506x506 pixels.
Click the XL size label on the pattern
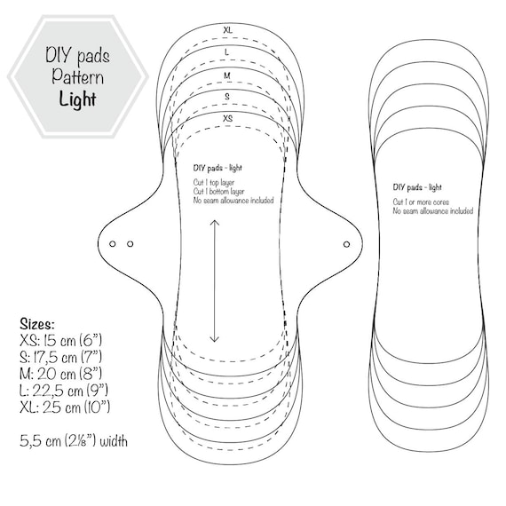[x=228, y=30]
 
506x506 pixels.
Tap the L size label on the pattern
[x=227, y=52]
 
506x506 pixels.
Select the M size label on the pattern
[x=227, y=75]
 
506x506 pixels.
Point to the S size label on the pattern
[x=227, y=97]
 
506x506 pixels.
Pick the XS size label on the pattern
[x=228, y=118]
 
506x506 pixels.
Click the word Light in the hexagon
[x=77, y=99]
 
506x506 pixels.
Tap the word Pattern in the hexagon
[x=78, y=76]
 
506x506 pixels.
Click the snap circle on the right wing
[x=346, y=244]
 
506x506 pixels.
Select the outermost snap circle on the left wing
[x=113, y=244]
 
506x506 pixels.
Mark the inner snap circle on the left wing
[x=130, y=244]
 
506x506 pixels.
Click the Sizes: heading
[x=37, y=324]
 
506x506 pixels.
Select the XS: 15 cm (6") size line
[x=60, y=341]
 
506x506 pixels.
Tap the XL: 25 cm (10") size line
[x=65, y=407]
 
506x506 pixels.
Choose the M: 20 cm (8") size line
[x=60, y=374]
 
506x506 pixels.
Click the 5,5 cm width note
[x=74, y=441]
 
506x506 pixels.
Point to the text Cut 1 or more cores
[x=421, y=202]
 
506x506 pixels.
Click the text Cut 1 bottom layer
[x=218, y=192]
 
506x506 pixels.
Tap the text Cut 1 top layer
[x=214, y=183]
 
